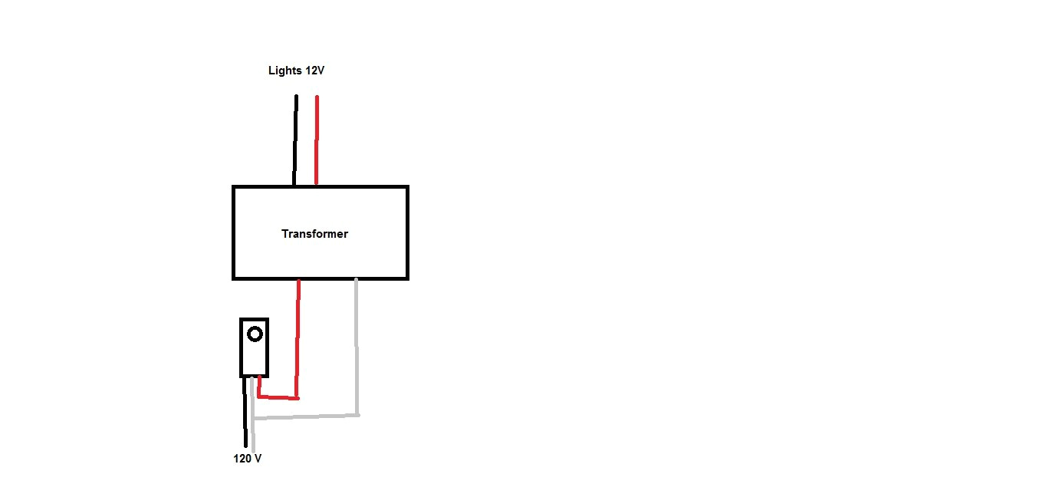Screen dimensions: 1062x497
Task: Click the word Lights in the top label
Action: (285, 71)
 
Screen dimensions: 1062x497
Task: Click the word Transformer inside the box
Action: (314, 234)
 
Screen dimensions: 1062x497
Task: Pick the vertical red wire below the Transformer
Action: (298, 337)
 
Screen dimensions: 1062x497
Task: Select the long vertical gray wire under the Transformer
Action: (357, 345)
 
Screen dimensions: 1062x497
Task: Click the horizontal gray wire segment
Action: (307, 417)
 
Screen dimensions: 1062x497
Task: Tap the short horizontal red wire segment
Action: (278, 397)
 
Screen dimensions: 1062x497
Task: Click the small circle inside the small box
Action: (255, 334)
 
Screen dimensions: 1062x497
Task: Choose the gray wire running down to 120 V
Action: (252, 434)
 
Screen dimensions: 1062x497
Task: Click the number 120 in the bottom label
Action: (243, 459)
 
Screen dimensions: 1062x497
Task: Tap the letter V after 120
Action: (258, 459)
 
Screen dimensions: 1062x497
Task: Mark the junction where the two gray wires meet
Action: (253, 419)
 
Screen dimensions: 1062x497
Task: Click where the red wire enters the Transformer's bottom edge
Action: (298, 280)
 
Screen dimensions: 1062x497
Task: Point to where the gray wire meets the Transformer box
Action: (357, 280)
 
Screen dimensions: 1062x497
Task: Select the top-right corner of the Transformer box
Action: (407, 186)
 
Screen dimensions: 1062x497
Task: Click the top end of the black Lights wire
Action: (295, 97)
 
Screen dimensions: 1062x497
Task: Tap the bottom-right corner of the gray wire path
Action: (357, 415)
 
